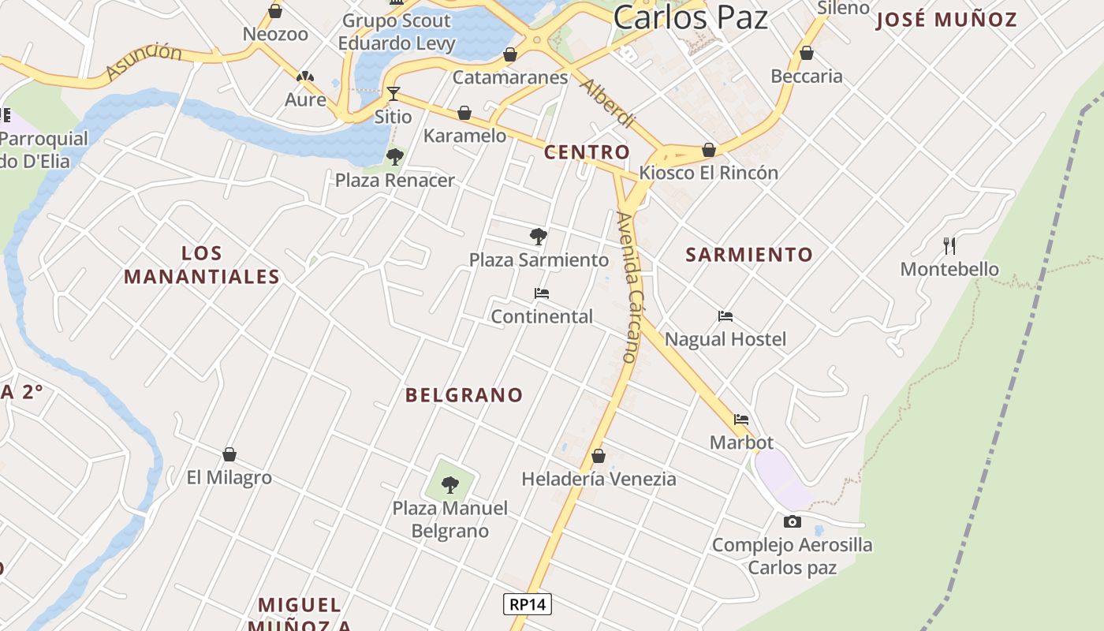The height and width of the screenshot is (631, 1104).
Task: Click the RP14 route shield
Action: pyautogui.click(x=528, y=605)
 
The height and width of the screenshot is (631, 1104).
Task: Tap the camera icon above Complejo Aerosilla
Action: pyautogui.click(x=793, y=521)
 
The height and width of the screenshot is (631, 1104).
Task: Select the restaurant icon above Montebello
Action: pyautogui.click(x=949, y=246)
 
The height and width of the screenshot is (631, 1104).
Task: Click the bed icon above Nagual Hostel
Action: pyautogui.click(x=725, y=316)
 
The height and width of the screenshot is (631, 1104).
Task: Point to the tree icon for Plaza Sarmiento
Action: pyautogui.click(x=539, y=236)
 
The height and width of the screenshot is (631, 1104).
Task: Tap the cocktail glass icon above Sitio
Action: pyautogui.click(x=393, y=94)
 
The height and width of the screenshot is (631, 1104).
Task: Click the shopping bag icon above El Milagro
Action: pyautogui.click(x=229, y=454)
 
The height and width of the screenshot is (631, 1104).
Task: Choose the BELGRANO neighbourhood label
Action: pyautogui.click(x=464, y=395)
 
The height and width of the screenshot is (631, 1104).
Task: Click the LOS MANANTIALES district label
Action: pyautogui.click(x=202, y=265)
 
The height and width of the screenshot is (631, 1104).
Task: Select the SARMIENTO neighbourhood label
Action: pyautogui.click(x=748, y=255)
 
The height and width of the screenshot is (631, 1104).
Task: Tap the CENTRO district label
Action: pyautogui.click(x=587, y=152)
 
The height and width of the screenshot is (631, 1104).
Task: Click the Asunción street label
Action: pyautogui.click(x=144, y=62)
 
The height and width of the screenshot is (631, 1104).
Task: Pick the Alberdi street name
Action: pyautogui.click(x=606, y=103)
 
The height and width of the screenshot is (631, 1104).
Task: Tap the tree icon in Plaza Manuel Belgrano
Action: pyautogui.click(x=450, y=484)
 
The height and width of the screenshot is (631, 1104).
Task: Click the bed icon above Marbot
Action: pyautogui.click(x=741, y=420)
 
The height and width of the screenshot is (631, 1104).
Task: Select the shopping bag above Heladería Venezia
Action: pyautogui.click(x=599, y=456)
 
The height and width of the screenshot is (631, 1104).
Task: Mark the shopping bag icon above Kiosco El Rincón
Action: pyautogui.click(x=709, y=150)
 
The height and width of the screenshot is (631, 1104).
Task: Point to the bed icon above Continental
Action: pyautogui.click(x=541, y=293)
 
